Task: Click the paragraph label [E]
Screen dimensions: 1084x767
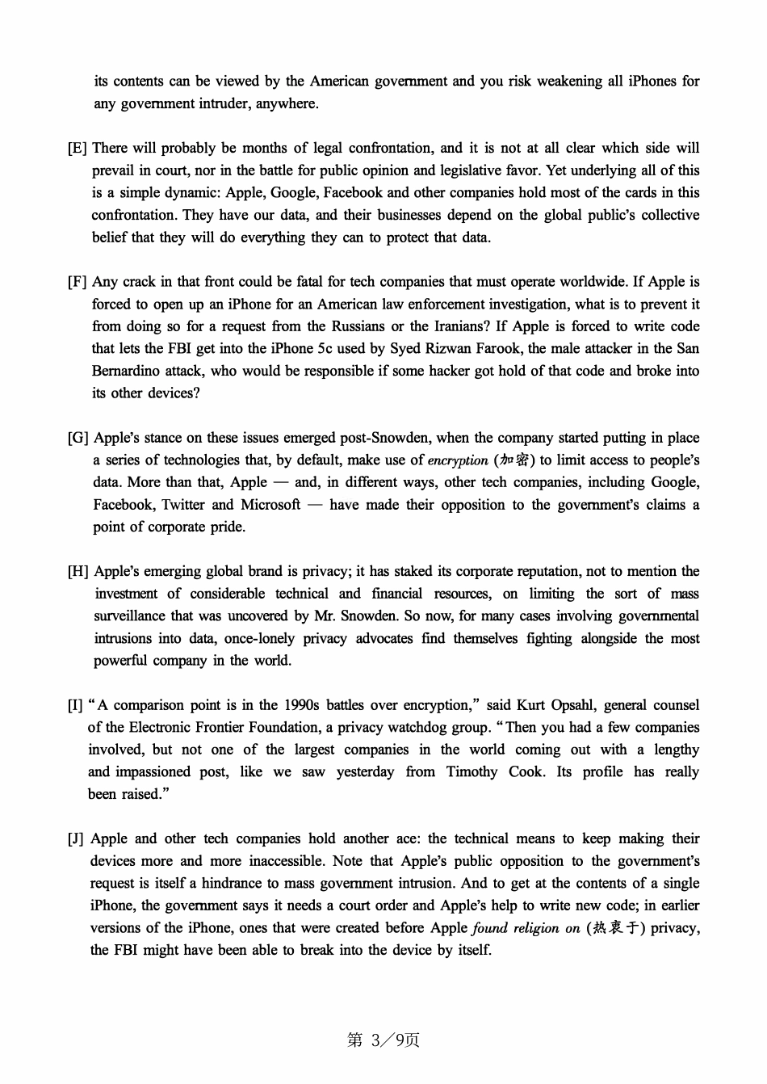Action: pos(78,148)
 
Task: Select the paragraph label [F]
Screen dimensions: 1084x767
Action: pos(78,282)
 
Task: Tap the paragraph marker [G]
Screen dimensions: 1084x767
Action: pos(78,438)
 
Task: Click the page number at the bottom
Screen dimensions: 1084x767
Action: pos(383,1040)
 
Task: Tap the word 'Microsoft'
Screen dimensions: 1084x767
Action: pos(270,505)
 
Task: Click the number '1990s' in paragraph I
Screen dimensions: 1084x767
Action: pos(301,705)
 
